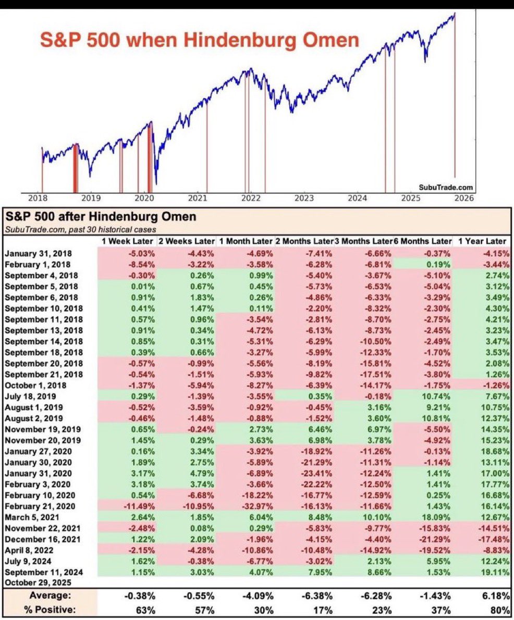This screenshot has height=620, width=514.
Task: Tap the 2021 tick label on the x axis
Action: point(198,198)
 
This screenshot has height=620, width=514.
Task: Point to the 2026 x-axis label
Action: point(463,198)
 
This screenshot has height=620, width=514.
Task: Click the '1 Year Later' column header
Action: point(482,241)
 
